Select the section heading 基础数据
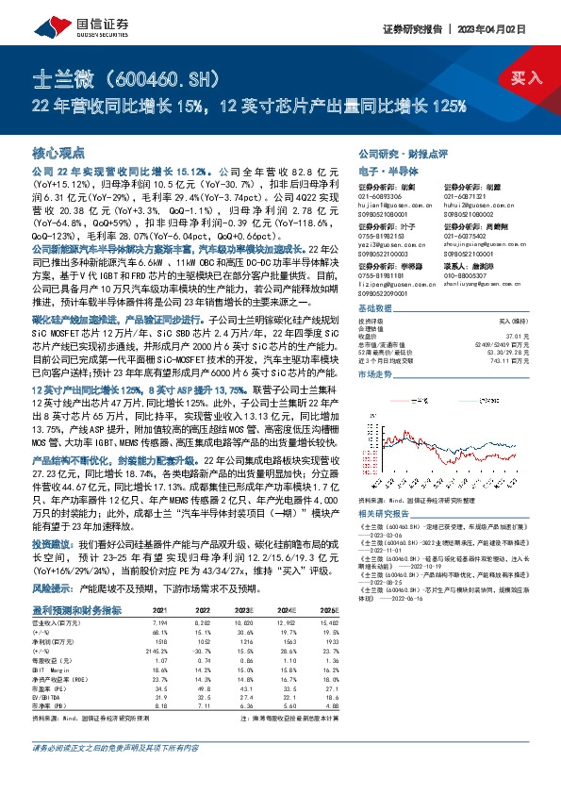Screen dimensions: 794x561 (x=375, y=309)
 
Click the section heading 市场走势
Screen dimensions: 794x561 (x=375, y=374)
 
